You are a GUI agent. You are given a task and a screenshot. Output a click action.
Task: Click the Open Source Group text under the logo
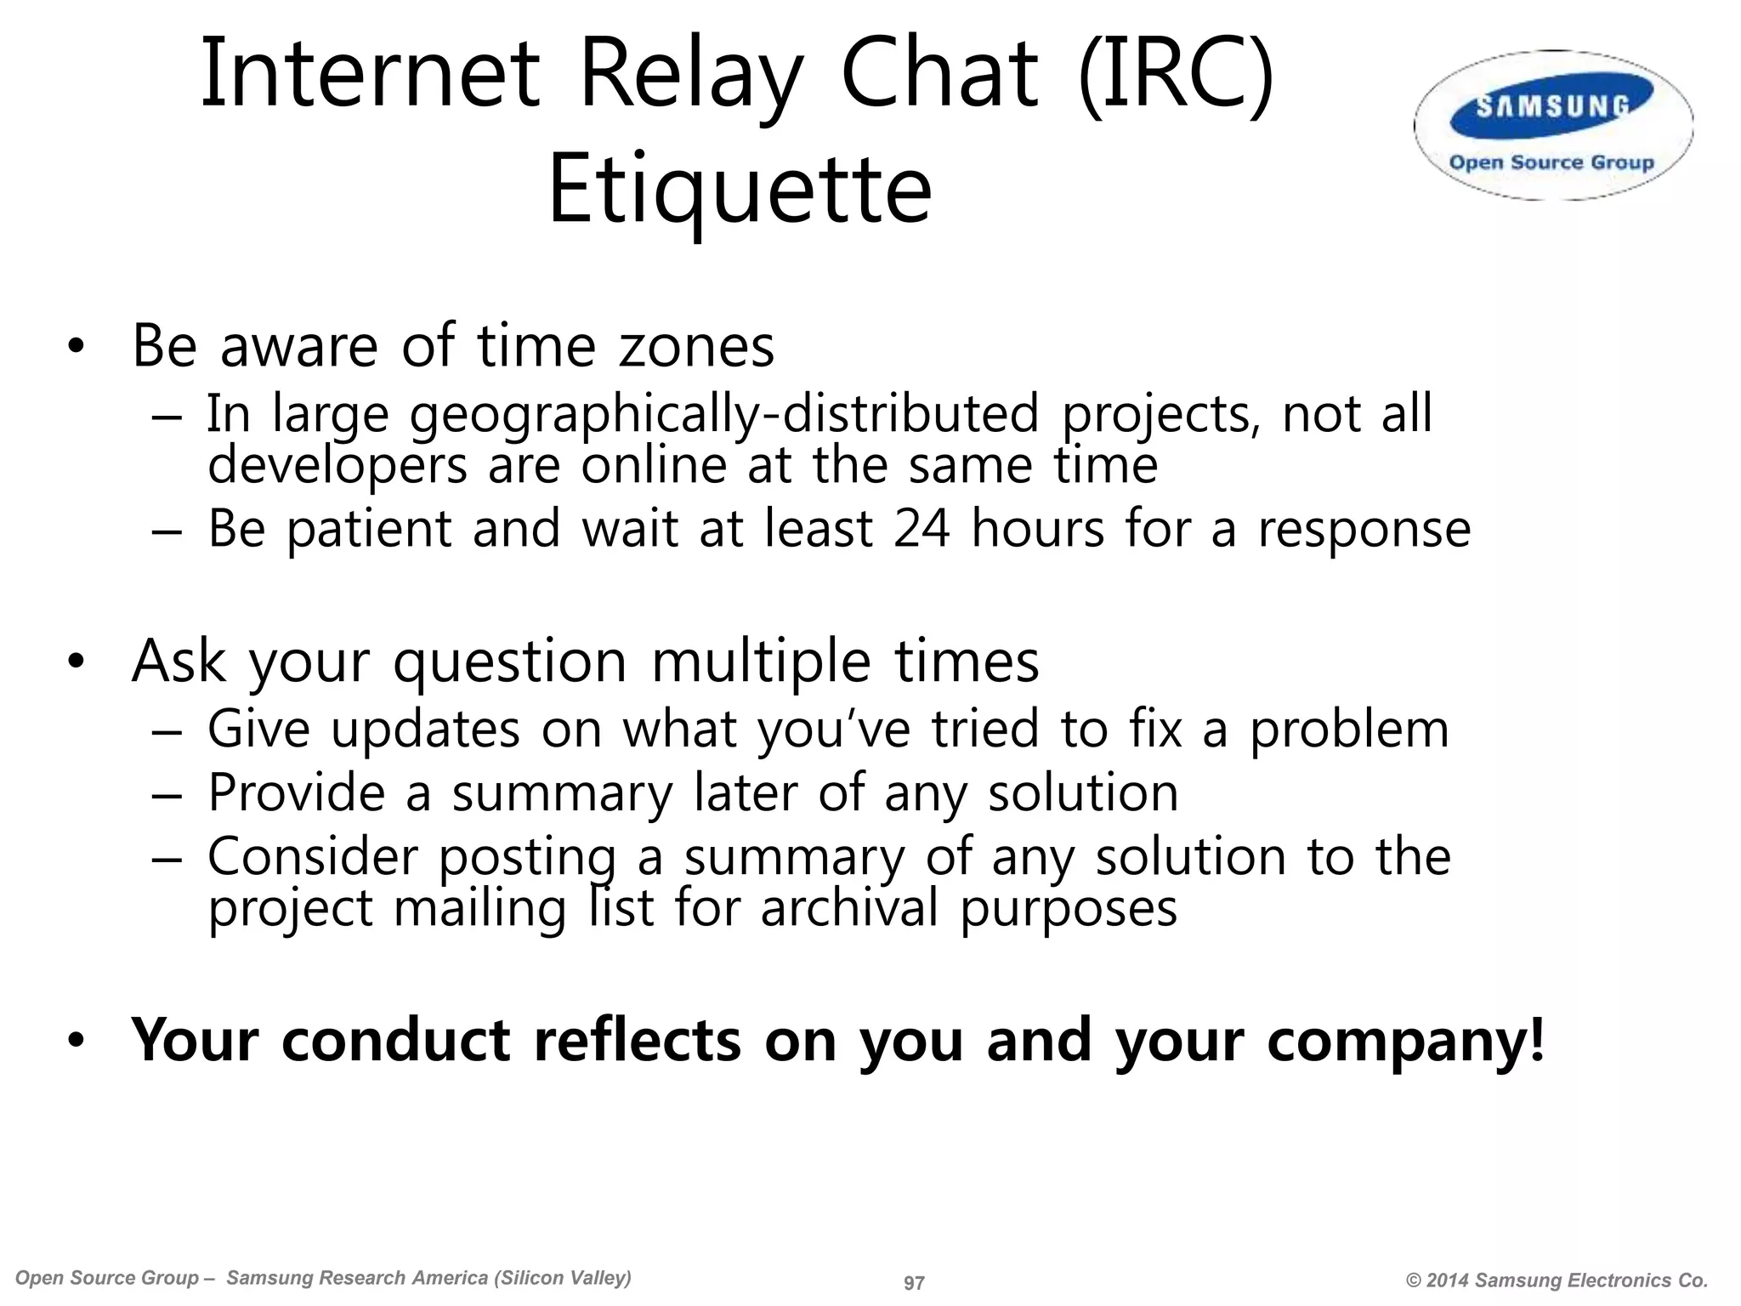(1551, 162)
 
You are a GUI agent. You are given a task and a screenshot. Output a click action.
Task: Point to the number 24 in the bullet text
(922, 529)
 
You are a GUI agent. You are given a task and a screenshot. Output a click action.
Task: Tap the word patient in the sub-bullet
(368, 529)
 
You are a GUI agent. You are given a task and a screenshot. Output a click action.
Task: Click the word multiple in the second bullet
(761, 661)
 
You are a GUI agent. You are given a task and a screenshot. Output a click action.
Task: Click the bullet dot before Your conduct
(77, 1040)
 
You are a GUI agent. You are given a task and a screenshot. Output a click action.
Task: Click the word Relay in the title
(689, 77)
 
